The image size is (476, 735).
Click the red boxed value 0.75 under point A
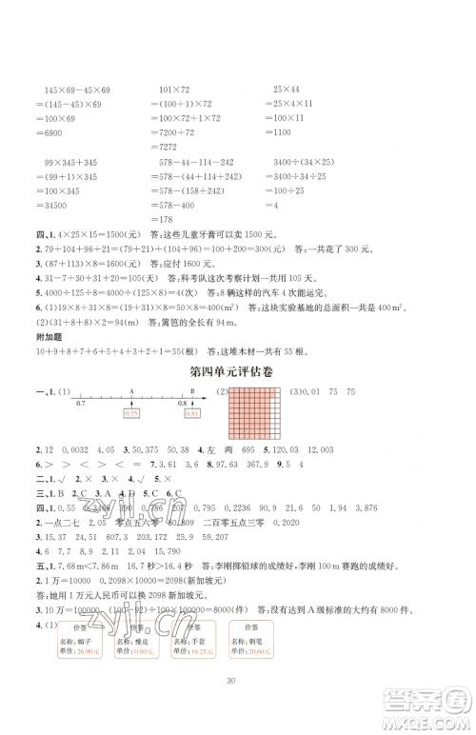(131, 413)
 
